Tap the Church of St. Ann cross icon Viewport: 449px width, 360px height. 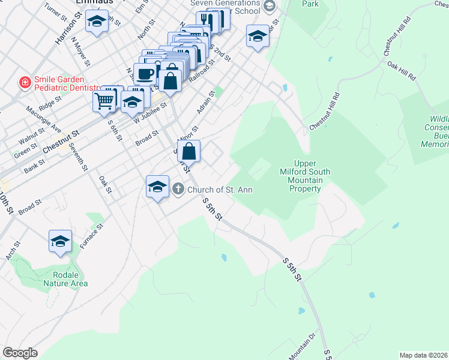coord(178,190)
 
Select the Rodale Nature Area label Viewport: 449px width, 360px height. coord(61,279)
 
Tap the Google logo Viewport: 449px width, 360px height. coord(20,353)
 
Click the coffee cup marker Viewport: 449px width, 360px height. coord(145,74)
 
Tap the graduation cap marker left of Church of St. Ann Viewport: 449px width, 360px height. coord(157,186)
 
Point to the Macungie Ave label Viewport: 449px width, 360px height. coord(43,119)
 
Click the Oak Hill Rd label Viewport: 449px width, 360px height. coord(402,70)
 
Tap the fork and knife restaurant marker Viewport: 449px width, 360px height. coord(205,20)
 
